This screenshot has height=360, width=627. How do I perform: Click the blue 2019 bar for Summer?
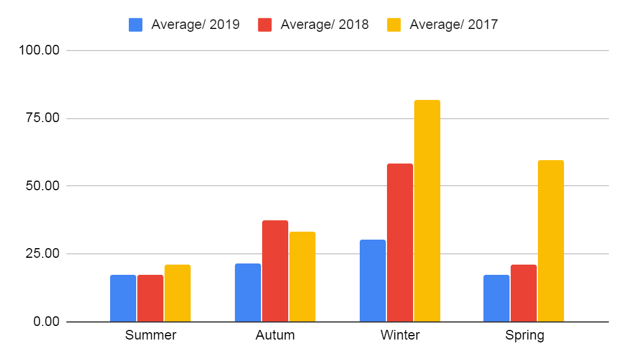click(x=123, y=298)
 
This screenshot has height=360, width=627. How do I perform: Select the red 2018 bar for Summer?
click(x=150, y=298)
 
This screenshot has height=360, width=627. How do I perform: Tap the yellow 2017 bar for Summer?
click(x=178, y=293)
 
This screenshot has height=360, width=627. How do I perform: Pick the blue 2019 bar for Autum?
click(x=248, y=292)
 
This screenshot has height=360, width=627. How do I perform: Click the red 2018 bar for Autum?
click(x=275, y=271)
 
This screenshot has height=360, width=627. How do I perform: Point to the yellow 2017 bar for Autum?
click(x=302, y=277)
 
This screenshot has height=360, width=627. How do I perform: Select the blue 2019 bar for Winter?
click(x=373, y=281)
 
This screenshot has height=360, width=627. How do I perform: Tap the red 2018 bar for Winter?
click(x=400, y=242)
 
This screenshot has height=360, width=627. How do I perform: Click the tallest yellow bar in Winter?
click(x=427, y=211)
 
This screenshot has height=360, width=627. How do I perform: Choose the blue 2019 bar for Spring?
click(x=496, y=298)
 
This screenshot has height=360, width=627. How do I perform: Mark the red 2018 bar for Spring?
click(x=524, y=293)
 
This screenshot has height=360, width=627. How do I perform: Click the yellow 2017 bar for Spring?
click(x=551, y=241)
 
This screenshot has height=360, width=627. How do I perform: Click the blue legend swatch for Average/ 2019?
click(x=136, y=25)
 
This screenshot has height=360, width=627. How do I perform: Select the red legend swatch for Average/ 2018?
click(x=266, y=25)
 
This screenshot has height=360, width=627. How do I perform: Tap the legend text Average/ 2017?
click(x=453, y=25)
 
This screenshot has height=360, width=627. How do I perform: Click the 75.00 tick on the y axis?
click(x=43, y=119)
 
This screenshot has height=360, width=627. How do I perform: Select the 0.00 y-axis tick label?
click(x=47, y=322)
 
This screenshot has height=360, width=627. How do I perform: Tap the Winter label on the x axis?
click(x=400, y=335)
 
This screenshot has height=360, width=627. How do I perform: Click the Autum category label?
click(x=275, y=335)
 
